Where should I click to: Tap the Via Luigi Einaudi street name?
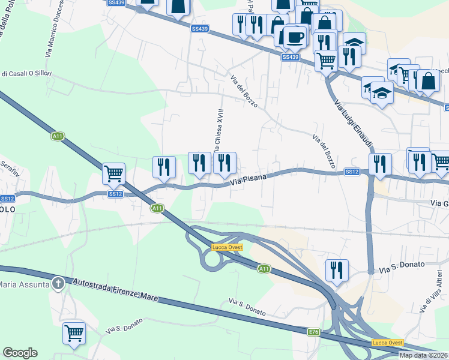coord(354,118)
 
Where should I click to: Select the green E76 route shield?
coord(314,332)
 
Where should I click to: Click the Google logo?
coord(20,353)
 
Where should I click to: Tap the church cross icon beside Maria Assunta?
coord(58,283)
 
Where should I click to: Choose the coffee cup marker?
coord(294,37)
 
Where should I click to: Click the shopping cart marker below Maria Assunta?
coord(74,333)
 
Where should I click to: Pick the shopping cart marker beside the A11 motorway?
coord(113,173)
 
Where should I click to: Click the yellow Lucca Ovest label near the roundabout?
coord(226,247)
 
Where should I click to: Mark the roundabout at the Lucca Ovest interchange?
coord(211,260)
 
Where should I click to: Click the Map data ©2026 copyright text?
coord(423,355)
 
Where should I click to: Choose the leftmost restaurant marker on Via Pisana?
coord(164,167)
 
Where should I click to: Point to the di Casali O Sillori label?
coord(26,74)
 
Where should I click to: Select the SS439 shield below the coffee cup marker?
coord(290,57)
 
